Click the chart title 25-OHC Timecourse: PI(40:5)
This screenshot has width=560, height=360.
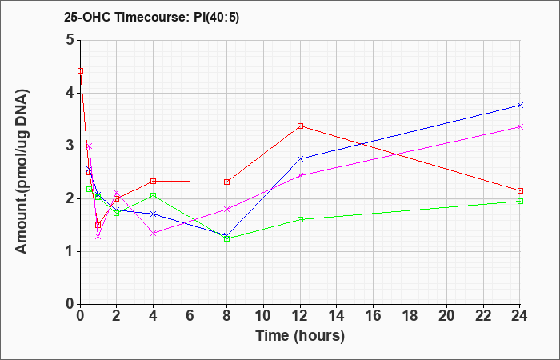click(x=151, y=17)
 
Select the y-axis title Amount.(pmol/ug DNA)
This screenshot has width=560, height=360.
click(x=22, y=172)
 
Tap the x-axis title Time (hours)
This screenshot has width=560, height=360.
click(x=300, y=336)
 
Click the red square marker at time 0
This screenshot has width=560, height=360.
click(x=80, y=70)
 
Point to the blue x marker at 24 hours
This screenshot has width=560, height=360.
click(x=520, y=105)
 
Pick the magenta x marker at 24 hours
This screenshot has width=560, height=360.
click(x=520, y=126)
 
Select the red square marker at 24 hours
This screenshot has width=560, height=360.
click(x=520, y=190)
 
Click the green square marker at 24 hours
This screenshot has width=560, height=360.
click(x=520, y=201)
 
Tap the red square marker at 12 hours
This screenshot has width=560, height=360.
click(x=300, y=126)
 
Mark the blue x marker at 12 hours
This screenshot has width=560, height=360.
click(x=300, y=158)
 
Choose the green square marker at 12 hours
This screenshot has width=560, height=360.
click(x=300, y=219)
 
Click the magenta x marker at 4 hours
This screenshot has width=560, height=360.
click(x=154, y=234)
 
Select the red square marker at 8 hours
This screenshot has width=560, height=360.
click(x=226, y=182)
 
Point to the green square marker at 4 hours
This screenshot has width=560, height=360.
click(x=154, y=195)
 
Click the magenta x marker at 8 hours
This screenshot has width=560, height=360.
click(x=226, y=209)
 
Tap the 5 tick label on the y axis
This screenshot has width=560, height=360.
click(x=70, y=40)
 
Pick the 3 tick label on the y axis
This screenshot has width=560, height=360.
click(x=70, y=146)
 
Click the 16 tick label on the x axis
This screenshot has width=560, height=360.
click(x=374, y=316)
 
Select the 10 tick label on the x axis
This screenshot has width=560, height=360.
click(x=263, y=316)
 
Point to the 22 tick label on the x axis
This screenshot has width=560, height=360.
click(x=483, y=316)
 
